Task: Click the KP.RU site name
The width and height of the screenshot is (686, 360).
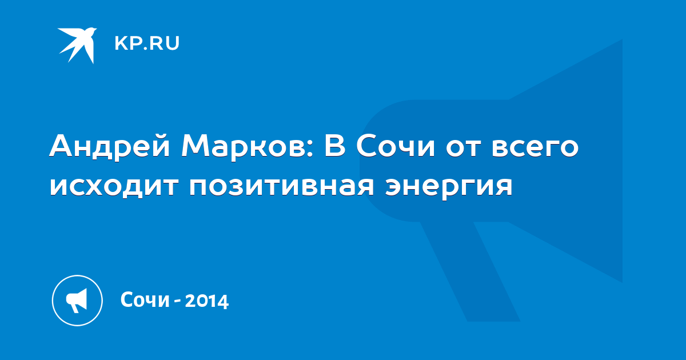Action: [147, 43]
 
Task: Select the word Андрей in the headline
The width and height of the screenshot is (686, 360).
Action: [110, 146]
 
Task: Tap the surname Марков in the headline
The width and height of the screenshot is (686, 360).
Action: [244, 146]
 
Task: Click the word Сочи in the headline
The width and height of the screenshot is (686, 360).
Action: [396, 146]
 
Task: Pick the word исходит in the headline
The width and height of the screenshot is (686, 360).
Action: [114, 186]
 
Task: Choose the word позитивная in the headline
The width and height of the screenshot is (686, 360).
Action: [281, 186]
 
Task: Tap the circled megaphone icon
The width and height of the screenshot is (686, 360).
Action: [77, 301]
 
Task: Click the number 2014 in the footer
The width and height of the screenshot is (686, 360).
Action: [207, 301]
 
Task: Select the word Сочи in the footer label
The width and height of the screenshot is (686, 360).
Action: [145, 299]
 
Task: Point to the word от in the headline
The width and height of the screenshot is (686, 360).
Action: [464, 148]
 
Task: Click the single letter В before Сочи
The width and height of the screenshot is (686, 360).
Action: [335, 146]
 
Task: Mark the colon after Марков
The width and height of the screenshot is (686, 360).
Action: [310, 148]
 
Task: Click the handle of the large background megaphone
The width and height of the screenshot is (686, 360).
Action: [470, 271]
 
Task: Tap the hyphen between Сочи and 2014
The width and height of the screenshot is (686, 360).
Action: [177, 302]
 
